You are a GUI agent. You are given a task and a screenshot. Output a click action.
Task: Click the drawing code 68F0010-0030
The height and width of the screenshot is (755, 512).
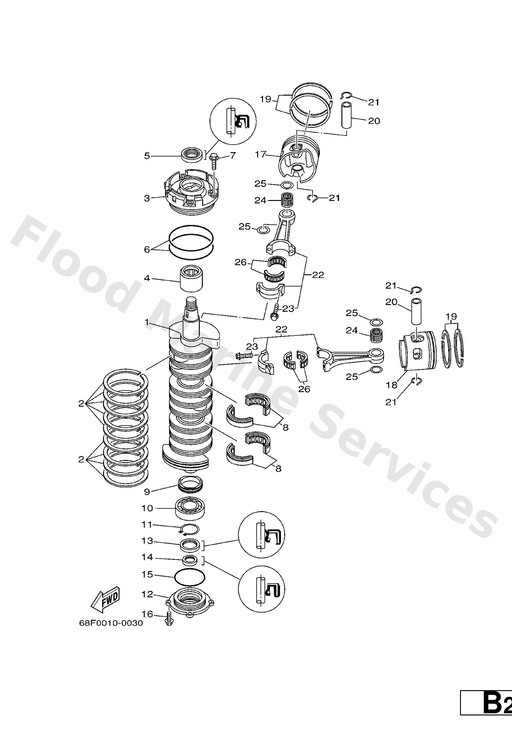[x=111, y=623]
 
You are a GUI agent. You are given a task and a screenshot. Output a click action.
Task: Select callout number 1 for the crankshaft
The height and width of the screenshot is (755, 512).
[x=147, y=322]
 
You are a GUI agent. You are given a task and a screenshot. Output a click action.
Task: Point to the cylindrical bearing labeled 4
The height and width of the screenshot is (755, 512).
[x=192, y=278]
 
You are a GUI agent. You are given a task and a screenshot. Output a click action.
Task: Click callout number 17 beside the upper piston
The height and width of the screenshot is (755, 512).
[x=261, y=154]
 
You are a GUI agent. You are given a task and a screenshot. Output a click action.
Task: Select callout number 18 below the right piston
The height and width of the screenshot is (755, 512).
[x=392, y=385]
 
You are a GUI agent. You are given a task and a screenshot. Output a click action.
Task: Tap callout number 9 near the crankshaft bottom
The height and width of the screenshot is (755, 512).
[x=147, y=492]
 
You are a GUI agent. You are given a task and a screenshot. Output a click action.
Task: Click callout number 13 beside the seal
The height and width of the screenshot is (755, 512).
[x=147, y=541]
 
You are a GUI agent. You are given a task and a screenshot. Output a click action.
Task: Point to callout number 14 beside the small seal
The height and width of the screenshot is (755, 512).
[x=147, y=557]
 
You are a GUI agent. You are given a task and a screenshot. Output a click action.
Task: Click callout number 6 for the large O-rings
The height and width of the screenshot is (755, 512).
[x=147, y=250]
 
